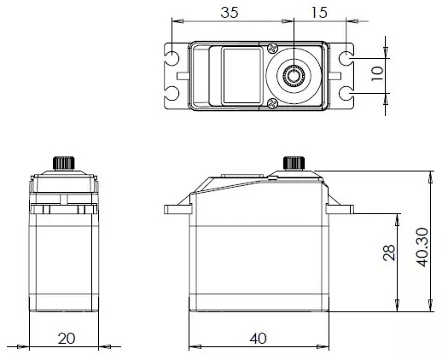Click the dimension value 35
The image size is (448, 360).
(230, 13)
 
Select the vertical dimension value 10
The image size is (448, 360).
(376, 75)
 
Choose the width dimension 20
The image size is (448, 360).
(66, 337)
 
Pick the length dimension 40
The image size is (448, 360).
(258, 337)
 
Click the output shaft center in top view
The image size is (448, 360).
(293, 75)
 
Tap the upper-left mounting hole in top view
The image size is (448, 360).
(172, 59)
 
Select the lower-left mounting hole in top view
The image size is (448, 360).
(172, 92)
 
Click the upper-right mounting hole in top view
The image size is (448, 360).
(346, 59)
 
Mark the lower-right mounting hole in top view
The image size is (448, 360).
(346, 92)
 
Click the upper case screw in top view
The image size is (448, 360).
(272, 48)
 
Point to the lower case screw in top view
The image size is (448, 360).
(272, 103)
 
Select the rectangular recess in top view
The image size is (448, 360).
(240, 76)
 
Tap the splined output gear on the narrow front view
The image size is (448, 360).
(65, 163)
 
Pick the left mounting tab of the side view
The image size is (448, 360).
(176, 207)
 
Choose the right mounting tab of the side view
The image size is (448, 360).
(342, 207)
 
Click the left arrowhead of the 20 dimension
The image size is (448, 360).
(33, 346)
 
